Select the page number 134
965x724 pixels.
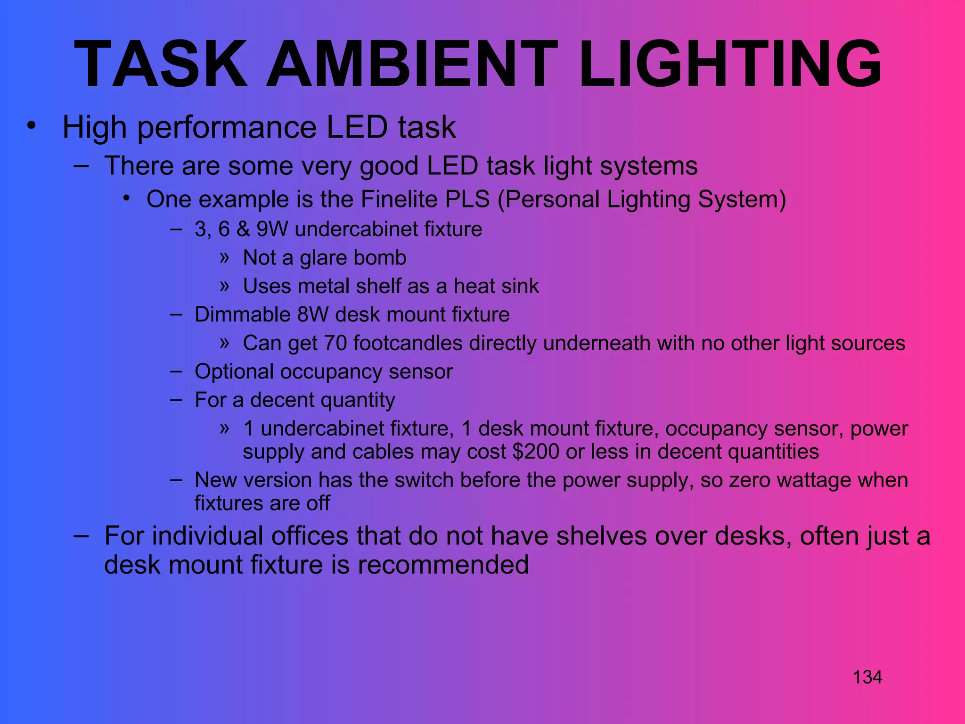click(867, 677)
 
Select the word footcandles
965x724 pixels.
click(408, 343)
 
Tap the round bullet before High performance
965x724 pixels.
click(31, 126)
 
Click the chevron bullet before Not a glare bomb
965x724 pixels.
click(224, 257)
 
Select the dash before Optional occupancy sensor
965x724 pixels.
click(177, 371)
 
